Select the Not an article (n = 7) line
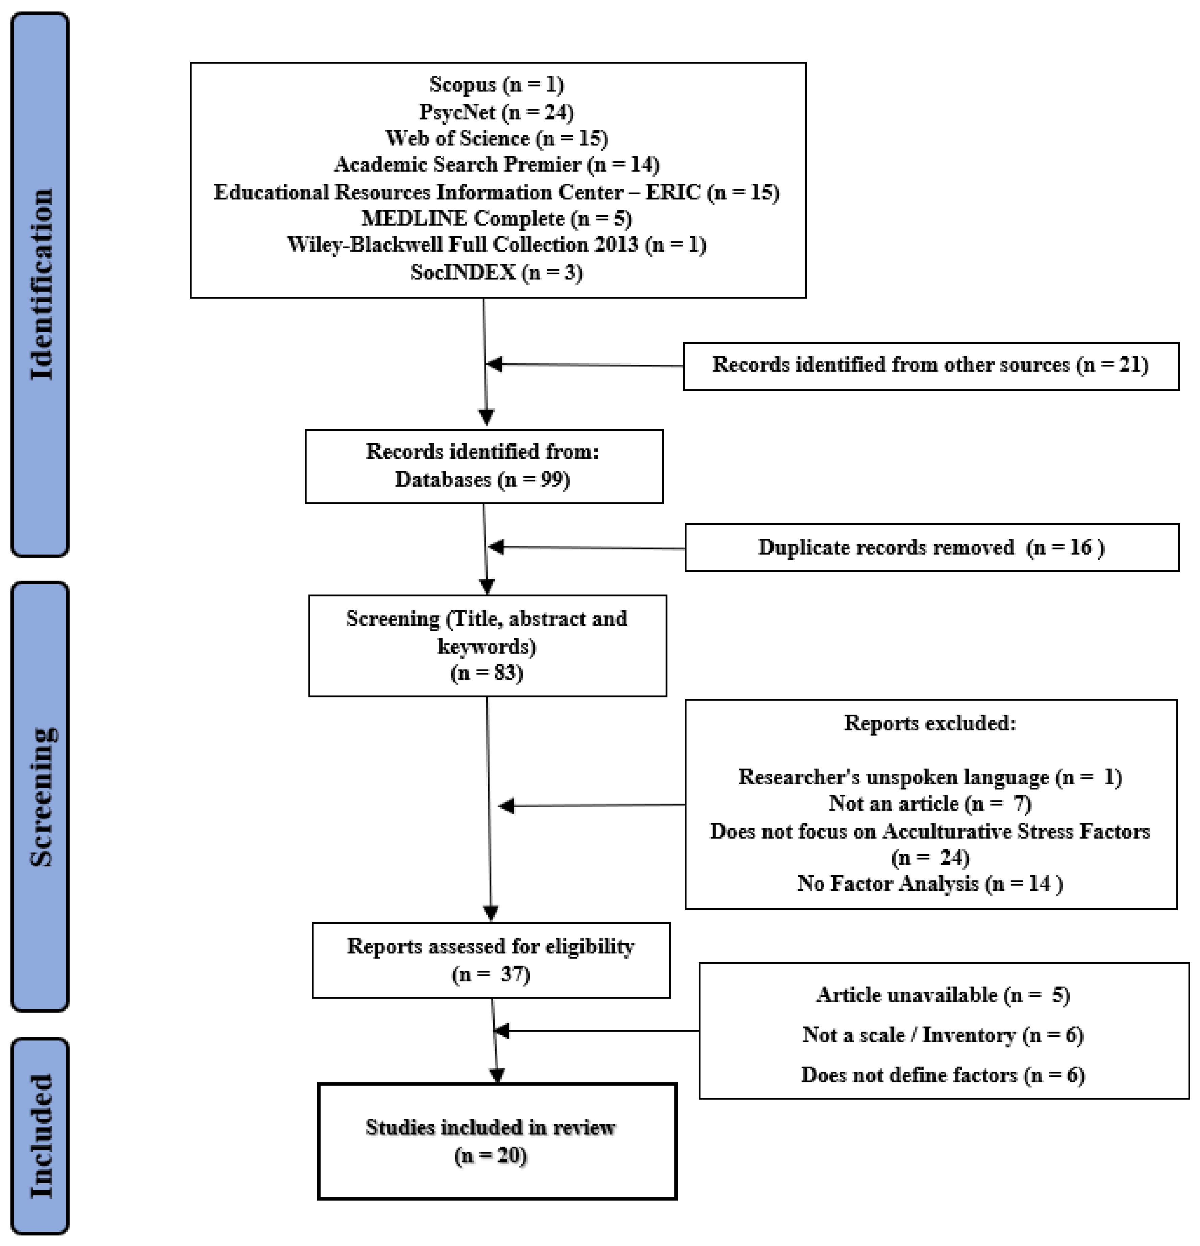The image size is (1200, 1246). [930, 804]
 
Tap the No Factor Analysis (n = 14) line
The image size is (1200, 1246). [930, 884]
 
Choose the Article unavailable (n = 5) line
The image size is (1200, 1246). [943, 995]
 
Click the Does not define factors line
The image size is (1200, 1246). [943, 1075]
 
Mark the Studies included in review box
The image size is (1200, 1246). [497, 1141]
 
